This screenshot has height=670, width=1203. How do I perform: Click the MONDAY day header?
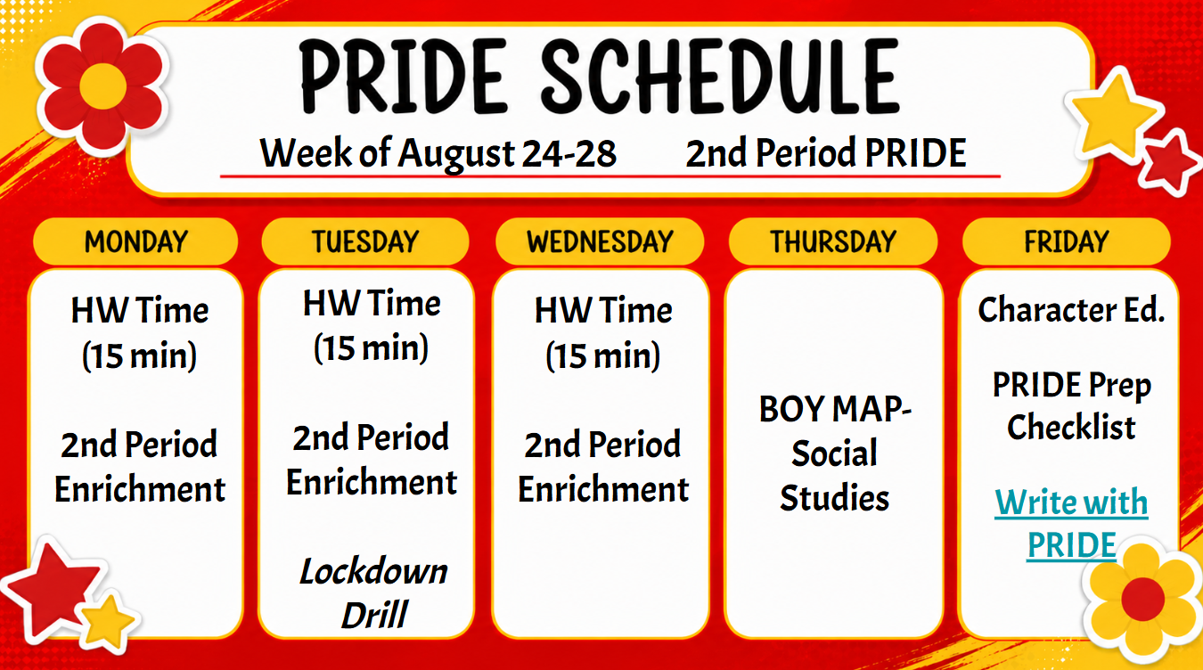point(135,241)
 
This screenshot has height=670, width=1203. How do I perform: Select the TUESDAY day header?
point(365,241)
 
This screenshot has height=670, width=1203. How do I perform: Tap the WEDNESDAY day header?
point(600,241)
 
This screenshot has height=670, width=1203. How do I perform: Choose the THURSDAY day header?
point(833,241)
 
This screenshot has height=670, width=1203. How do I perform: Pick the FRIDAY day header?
point(1067,241)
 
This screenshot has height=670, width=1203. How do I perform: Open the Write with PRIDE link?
point(1071,524)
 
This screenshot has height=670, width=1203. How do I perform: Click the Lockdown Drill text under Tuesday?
point(373,592)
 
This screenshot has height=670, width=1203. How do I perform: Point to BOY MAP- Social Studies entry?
point(835,453)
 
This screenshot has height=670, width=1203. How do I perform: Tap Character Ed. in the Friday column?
point(1071,310)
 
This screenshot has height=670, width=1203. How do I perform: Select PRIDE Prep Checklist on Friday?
point(1071,406)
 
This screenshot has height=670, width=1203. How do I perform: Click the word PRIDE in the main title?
point(403,77)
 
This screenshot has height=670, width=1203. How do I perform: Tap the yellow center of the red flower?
point(102,86)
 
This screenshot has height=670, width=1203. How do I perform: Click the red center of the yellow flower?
point(1142,599)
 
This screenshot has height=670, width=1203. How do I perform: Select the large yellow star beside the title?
point(1115,117)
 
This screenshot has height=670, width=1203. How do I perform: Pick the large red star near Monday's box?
point(53,588)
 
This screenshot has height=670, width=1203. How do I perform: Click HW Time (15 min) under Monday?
point(140,333)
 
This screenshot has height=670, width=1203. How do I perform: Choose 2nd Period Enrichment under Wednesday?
point(603,466)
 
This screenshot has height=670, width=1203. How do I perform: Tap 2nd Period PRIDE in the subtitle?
point(826,153)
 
